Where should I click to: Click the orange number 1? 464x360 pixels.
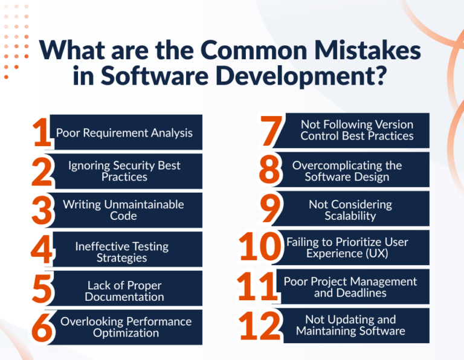[42, 132]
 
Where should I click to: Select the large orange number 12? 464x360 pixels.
[260, 326]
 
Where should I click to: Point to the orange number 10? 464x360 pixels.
[260, 248]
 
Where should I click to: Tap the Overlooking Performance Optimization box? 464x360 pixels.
[126, 327]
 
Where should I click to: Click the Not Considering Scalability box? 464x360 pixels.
[350, 210]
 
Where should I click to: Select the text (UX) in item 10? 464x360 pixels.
[375, 254]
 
